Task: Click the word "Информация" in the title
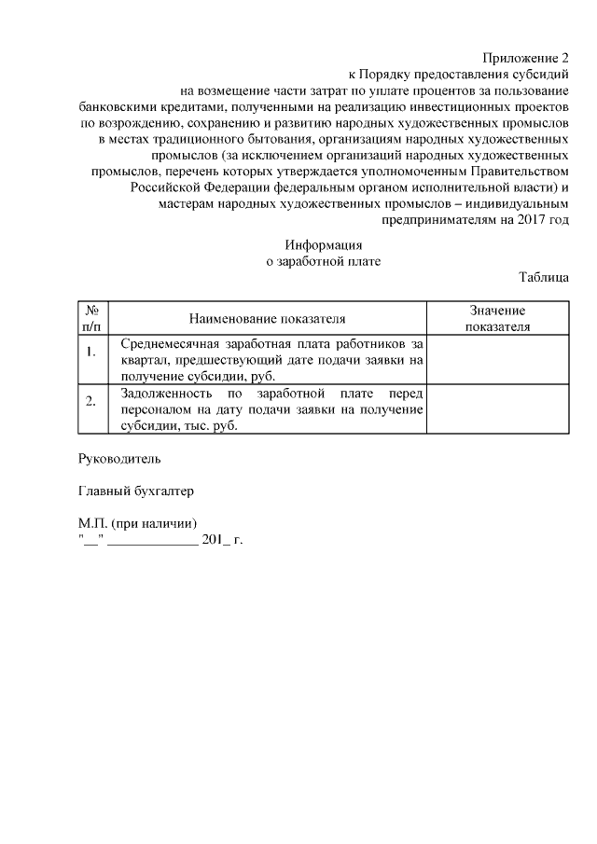(324, 244)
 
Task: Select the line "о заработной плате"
(324, 261)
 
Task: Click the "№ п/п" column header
(92, 318)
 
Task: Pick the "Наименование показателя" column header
(268, 319)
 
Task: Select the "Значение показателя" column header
(497, 318)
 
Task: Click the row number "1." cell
(91, 352)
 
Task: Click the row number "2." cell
(91, 402)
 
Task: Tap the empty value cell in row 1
(497, 358)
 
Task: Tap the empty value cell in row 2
(497, 409)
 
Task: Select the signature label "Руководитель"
(120, 459)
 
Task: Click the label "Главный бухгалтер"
(136, 491)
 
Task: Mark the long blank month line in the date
(152, 541)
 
